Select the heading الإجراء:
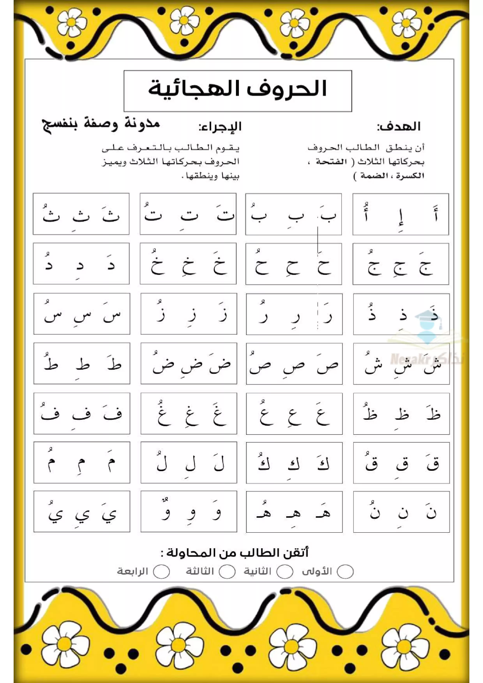[x=220, y=127]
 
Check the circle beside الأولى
[x=345, y=571]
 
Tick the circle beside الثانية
[x=285, y=571]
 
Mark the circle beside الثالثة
[x=227, y=571]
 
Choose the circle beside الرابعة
[x=162, y=571]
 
